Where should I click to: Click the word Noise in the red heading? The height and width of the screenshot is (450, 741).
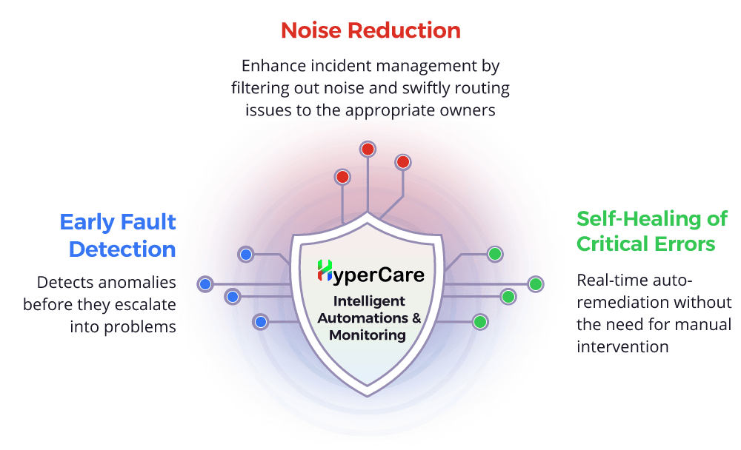(312, 30)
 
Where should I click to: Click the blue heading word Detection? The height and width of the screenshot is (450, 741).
(122, 249)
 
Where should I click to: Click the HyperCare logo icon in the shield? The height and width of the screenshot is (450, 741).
(325, 271)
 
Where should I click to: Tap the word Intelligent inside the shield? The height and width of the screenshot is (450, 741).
(369, 301)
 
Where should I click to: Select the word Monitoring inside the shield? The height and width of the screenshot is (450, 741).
(369, 335)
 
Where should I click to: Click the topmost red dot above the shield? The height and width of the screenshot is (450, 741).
(368, 149)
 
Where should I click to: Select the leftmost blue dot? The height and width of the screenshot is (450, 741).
(205, 283)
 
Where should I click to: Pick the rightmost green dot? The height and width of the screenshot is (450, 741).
(536, 283)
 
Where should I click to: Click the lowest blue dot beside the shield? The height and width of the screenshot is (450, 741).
(260, 321)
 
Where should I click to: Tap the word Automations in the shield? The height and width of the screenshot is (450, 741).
(365, 318)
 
